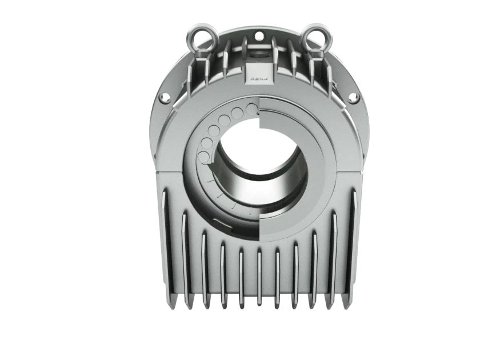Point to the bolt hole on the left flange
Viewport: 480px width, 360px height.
pos(166,97)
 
